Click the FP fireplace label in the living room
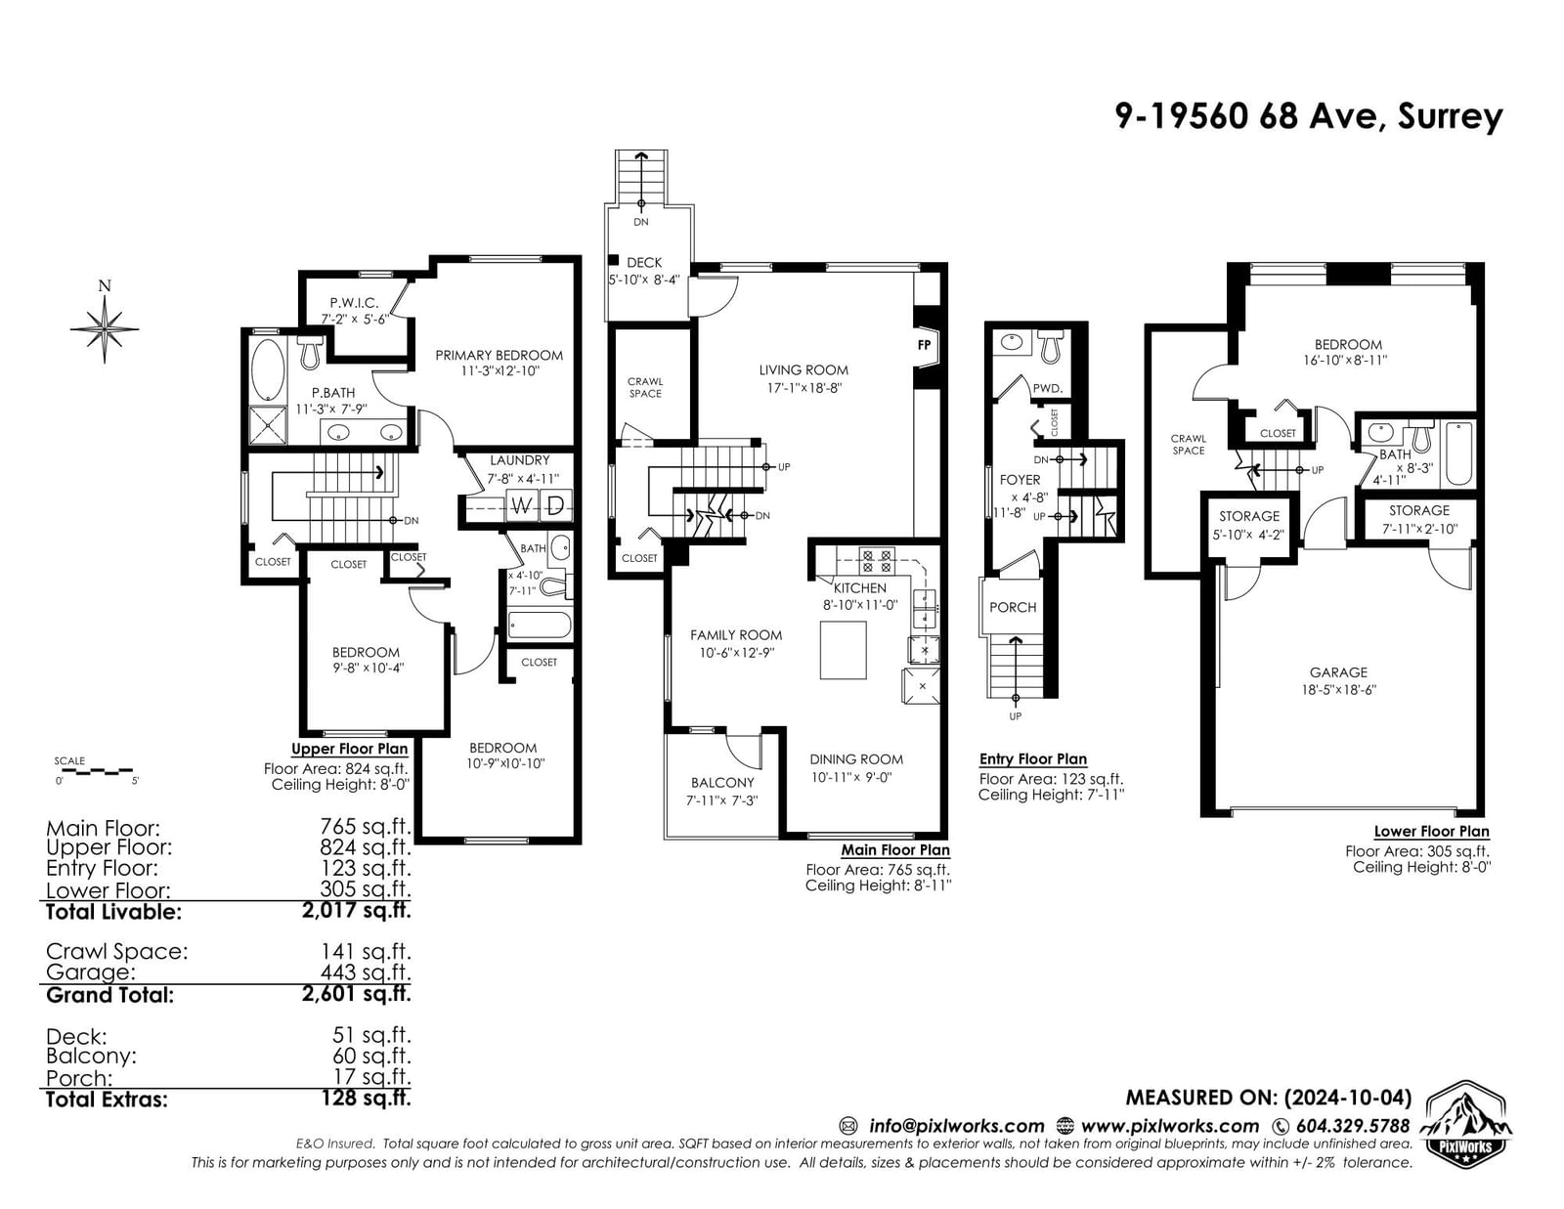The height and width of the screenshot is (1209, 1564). [x=924, y=345]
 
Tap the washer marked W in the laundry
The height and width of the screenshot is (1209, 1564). [x=521, y=505]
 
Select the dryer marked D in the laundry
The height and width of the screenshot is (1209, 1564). [x=555, y=505]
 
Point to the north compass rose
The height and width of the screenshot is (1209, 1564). [x=105, y=328]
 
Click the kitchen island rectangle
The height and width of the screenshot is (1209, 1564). [x=844, y=650]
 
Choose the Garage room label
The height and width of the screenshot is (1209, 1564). [x=1338, y=672]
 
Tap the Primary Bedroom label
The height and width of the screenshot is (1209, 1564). [x=499, y=356]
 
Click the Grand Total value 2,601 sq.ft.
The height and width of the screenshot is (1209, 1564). [x=356, y=994]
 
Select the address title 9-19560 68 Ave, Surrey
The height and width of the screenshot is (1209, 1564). [x=1309, y=116]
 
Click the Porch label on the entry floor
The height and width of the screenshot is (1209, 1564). [x=1013, y=607]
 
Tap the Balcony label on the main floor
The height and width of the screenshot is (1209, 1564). [x=722, y=783]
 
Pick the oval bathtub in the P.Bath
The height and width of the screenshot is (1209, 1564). [x=268, y=368]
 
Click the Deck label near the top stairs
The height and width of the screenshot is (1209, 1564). [x=644, y=263]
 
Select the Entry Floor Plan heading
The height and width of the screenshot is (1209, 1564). [x=1033, y=759]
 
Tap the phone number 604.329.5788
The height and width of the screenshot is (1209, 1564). [x=1353, y=1126]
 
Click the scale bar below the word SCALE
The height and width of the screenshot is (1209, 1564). [x=94, y=771]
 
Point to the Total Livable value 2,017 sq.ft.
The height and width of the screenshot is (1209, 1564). [x=356, y=910]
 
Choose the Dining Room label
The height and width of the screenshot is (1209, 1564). [x=855, y=759]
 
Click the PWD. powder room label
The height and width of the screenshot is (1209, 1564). [x=1047, y=389]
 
